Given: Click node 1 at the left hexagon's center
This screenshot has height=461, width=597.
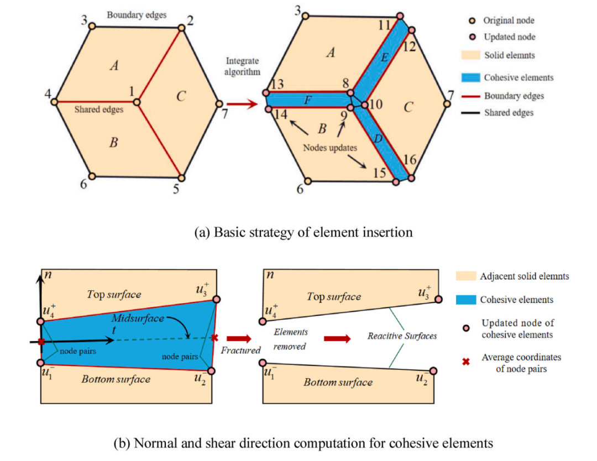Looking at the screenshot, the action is (137, 102).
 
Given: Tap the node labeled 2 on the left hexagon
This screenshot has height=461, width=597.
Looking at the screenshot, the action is (182, 28).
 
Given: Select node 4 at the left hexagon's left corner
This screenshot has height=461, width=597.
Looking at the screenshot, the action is (54, 102).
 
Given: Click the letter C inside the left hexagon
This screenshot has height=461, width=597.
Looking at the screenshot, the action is (181, 96).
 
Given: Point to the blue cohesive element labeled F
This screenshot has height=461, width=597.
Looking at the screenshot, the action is (308, 100).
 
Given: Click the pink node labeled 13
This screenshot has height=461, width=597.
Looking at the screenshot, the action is (266, 92).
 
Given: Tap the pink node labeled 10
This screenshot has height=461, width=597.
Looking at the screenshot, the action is (364, 104).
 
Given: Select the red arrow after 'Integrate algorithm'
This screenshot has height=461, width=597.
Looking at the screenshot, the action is (242, 103).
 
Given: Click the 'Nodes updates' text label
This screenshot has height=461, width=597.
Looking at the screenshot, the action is (330, 148).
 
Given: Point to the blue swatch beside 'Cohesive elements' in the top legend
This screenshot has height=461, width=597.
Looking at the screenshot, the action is (470, 77).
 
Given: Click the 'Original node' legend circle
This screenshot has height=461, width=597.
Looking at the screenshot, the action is (472, 20).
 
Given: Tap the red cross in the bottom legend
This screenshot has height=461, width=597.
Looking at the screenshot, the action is (465, 362).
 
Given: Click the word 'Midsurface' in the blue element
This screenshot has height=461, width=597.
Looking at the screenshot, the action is (138, 318).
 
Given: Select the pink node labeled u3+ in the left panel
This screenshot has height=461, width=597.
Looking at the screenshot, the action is (217, 299).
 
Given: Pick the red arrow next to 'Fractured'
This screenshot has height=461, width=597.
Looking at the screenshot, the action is (239, 338).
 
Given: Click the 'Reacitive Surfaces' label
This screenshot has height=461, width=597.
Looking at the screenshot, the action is (402, 336).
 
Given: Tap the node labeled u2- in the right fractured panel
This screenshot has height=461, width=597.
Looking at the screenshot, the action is (433, 371).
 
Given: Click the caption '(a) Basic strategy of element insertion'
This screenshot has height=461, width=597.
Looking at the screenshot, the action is (303, 232).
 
